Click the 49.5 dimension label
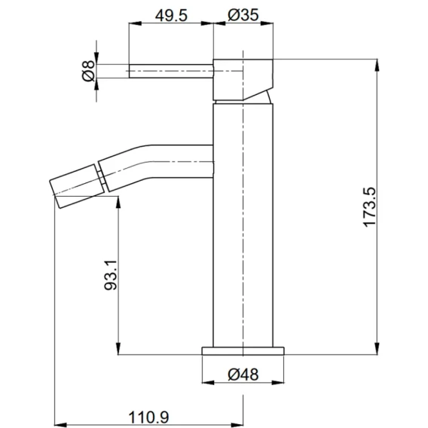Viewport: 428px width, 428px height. point(171,16)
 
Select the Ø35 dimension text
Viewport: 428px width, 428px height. point(243,15)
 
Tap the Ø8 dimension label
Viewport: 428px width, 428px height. point(88,71)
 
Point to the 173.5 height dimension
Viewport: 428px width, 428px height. point(370,206)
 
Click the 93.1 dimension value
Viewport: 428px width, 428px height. point(111,275)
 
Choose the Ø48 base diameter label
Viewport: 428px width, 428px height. point(243,374)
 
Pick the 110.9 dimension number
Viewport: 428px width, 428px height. point(148,417)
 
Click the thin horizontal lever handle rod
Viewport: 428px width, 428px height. point(171,71)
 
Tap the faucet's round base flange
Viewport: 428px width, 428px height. point(243,351)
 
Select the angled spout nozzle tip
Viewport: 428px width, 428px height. point(77,186)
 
